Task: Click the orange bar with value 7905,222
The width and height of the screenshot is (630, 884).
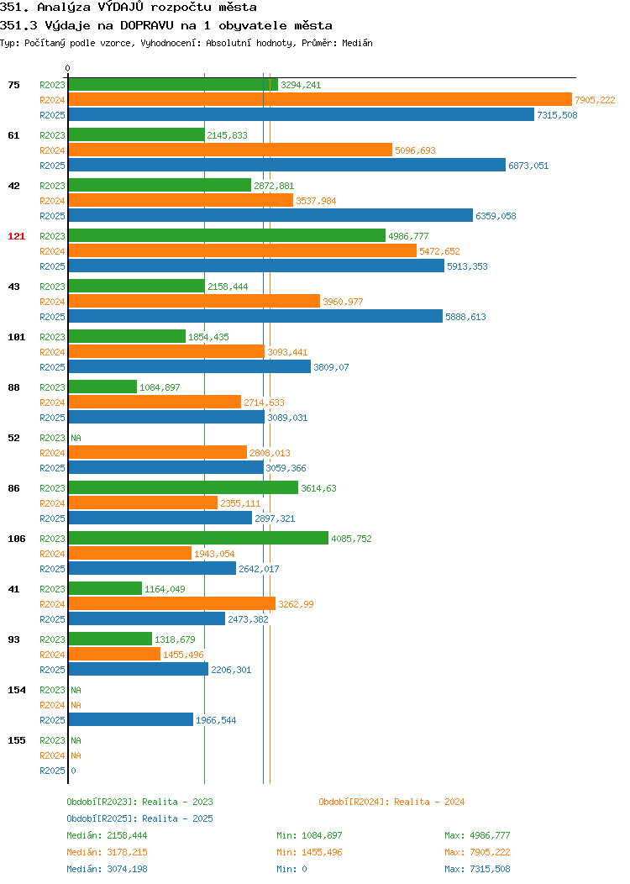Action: tap(320, 100)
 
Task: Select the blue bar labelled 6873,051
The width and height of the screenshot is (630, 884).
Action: tap(286, 166)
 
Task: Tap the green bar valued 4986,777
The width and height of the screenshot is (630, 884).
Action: tap(227, 235)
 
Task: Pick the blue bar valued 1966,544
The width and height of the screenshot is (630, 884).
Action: tap(131, 720)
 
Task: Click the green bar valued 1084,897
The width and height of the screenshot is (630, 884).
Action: tap(102, 387)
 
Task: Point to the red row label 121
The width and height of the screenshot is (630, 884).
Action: tap(16, 236)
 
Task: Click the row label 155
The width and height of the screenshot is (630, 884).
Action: tap(16, 740)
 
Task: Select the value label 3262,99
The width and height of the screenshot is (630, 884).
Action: tap(296, 604)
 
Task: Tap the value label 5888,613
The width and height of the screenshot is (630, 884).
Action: tap(465, 317)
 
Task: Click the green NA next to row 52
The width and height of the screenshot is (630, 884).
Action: tap(76, 438)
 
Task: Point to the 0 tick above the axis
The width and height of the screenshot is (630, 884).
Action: tap(68, 68)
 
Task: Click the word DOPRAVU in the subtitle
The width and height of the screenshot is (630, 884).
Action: tap(146, 25)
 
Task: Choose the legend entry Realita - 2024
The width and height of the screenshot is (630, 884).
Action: tap(391, 802)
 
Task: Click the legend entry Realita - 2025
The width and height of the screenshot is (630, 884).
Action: tap(139, 818)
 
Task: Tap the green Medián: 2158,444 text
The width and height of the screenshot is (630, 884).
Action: tap(107, 835)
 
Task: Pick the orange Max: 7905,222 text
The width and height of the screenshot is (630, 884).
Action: tap(477, 852)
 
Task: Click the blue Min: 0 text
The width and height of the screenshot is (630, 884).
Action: tap(291, 870)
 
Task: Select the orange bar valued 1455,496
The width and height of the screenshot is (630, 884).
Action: tap(114, 654)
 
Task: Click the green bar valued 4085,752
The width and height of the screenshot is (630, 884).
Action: tap(198, 538)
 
